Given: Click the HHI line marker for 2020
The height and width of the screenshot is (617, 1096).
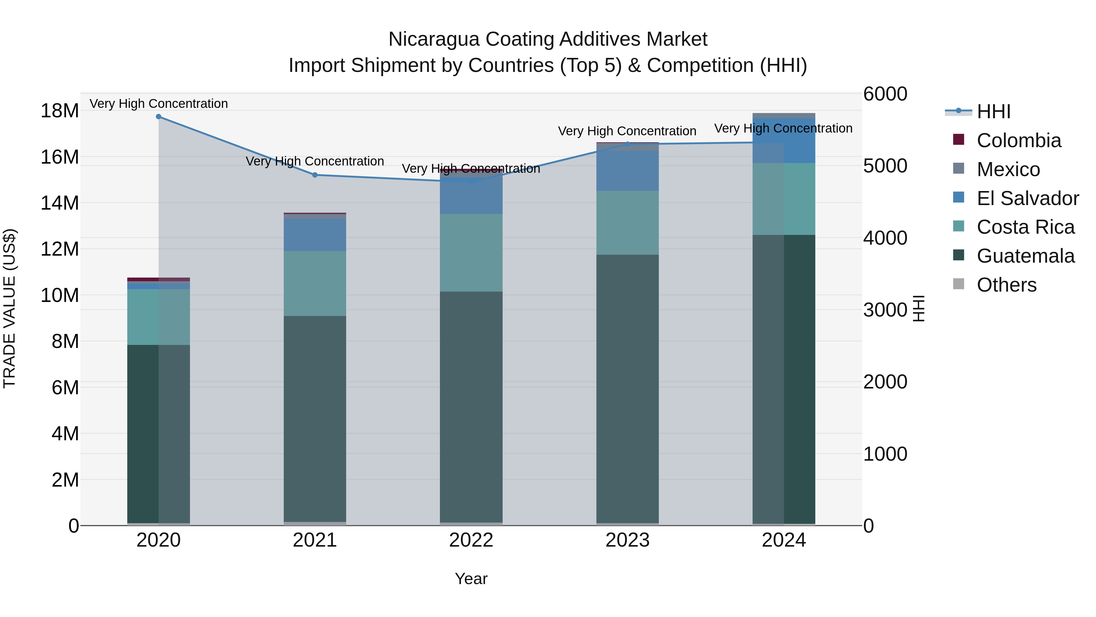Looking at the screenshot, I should [158, 117].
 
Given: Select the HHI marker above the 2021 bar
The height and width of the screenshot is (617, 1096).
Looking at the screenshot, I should [315, 175].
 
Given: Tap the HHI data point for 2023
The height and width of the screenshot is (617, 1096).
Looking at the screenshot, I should [627, 144].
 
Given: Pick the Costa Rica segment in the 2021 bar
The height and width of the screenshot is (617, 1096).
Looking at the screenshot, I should [315, 283].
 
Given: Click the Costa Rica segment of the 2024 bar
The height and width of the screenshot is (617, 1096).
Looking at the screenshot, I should [784, 199].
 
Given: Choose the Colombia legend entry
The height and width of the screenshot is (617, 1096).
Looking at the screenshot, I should [1018, 140].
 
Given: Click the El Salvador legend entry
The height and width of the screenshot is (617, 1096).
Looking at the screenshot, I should [1027, 198].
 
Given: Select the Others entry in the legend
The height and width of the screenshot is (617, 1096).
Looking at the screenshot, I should [1006, 285].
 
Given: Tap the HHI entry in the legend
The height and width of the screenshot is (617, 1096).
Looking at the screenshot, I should [993, 112].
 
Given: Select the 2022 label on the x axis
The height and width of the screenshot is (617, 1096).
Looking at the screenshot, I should [471, 540].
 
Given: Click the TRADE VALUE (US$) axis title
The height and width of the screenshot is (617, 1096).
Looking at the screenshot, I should [9, 308].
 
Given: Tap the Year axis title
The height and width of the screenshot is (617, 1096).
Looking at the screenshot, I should [471, 579].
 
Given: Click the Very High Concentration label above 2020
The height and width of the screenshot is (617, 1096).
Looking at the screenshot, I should [158, 104].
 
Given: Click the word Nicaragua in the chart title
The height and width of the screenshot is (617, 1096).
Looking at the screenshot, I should [434, 39].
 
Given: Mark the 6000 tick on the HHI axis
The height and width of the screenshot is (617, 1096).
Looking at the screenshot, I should [885, 94].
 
